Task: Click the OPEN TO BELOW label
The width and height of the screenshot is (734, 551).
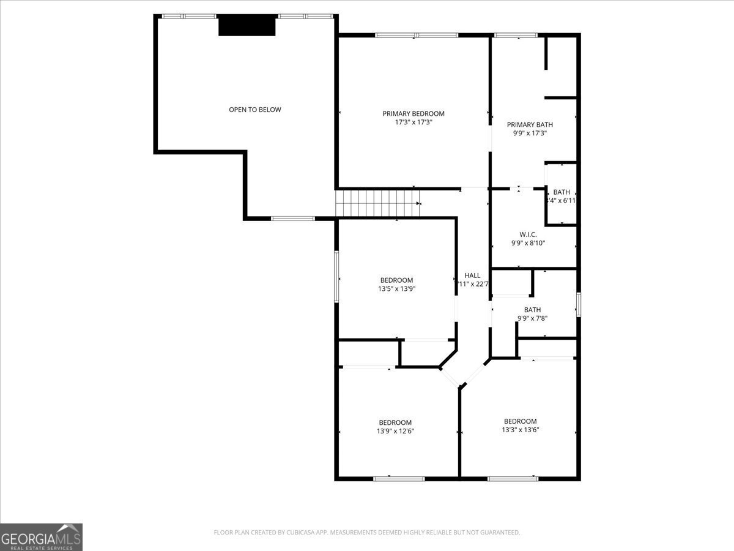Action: coord(255,110)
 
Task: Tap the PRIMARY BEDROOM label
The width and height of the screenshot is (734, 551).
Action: coord(413,113)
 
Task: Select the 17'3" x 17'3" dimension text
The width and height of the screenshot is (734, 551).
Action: coord(413,122)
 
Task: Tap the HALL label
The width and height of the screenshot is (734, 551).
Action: coord(472,275)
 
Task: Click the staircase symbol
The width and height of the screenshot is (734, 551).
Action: coord(378,203)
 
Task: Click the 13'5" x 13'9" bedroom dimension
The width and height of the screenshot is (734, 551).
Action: coord(396,289)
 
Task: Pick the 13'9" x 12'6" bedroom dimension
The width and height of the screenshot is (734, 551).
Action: coord(395,431)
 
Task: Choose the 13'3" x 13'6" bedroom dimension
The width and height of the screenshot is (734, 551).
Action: coord(520,430)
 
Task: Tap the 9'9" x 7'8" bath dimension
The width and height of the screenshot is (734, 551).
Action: coord(532,318)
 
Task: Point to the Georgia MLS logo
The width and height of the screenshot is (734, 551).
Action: coord(41,537)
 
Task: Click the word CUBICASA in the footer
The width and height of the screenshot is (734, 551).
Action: coord(302,533)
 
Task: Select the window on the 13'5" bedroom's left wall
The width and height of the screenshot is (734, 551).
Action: coord(336,276)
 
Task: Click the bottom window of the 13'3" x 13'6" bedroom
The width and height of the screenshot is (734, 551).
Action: coord(513,478)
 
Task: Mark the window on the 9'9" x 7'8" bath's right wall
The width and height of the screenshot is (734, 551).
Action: coord(578,305)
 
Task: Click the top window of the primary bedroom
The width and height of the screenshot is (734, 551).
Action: coord(417,36)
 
